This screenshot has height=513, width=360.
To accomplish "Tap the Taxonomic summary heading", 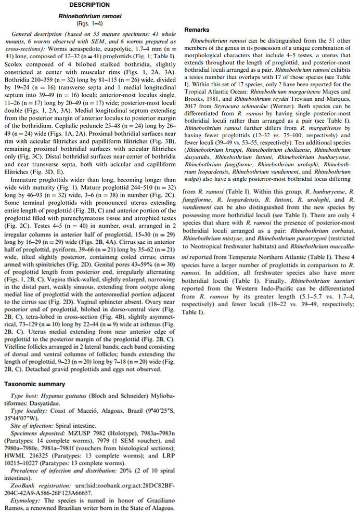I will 34,384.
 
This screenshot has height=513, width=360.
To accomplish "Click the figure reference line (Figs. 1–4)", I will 89,24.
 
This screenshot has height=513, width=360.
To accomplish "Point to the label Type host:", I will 24,396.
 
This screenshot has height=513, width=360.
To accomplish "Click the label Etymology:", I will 26,499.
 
